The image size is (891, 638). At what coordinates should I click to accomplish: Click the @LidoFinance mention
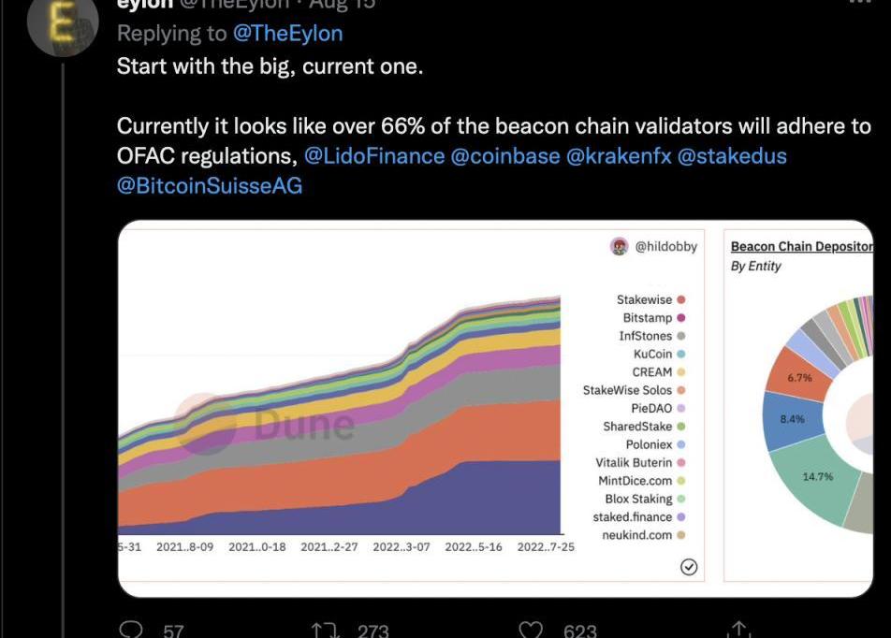click(374, 155)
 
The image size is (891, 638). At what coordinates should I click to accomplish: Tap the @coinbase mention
click(505, 155)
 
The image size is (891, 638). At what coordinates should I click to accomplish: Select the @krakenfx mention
click(618, 155)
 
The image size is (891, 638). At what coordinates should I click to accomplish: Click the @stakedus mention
click(731, 155)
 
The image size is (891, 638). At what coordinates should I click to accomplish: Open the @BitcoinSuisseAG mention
click(210, 185)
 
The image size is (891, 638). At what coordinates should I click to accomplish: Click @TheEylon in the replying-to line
click(287, 34)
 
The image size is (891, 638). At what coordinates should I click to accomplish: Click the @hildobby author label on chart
click(665, 247)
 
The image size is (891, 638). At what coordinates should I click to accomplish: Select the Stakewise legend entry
click(645, 300)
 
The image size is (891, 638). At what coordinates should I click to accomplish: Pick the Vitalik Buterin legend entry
click(634, 463)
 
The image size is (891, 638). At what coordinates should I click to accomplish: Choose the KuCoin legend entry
click(652, 355)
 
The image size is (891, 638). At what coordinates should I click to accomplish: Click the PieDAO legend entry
click(651, 409)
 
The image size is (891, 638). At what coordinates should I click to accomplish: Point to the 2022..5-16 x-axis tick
click(474, 547)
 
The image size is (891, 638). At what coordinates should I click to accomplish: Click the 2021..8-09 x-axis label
click(185, 547)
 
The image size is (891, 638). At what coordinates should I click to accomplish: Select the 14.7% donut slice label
click(817, 477)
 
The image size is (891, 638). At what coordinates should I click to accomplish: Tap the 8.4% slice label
click(792, 419)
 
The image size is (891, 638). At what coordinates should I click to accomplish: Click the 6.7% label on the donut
click(798, 378)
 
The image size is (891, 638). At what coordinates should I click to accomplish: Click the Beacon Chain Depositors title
click(801, 247)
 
